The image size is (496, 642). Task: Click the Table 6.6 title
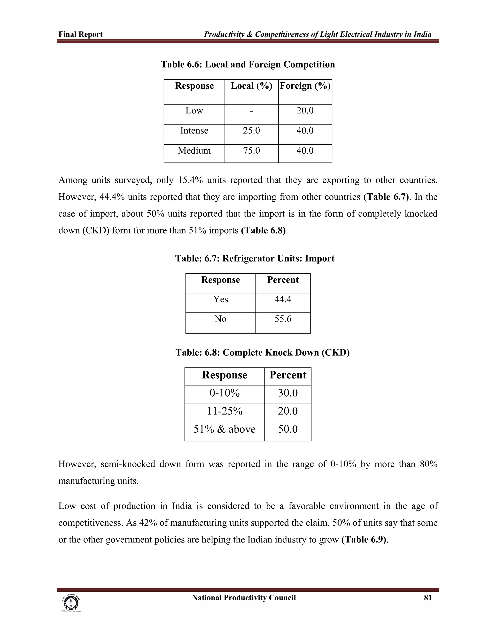248,64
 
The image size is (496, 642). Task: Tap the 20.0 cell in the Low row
305,110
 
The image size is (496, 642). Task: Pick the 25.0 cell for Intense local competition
251,131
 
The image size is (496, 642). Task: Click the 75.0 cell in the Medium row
251,150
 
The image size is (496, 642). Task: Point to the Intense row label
194,131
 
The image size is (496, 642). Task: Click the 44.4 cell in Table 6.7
283,299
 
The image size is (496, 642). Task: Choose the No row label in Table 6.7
220,319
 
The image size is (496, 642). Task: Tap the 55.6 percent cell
283,319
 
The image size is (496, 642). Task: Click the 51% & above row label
225,429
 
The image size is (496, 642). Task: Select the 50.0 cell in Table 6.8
288,429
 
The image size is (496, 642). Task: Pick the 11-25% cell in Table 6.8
225,411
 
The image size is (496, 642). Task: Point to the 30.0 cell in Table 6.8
288,393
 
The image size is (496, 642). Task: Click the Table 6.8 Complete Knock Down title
262,352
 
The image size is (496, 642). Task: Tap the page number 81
427,598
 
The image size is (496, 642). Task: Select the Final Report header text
80,34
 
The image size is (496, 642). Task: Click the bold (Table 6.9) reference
364,540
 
